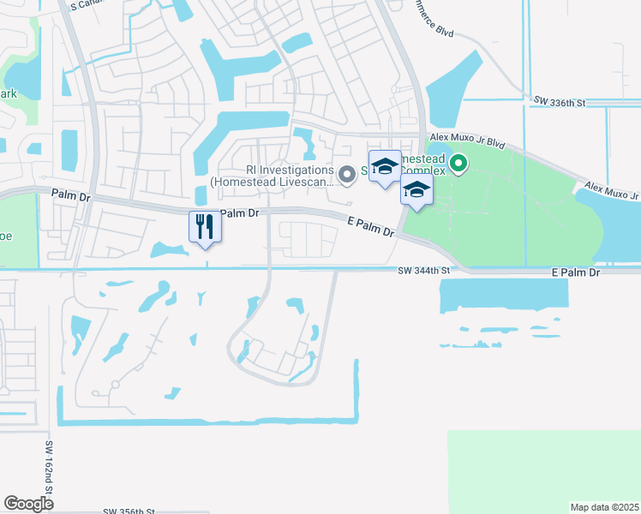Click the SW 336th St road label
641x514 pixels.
click(x=558, y=102)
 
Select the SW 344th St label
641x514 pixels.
click(x=424, y=271)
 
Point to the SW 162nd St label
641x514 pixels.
click(x=50, y=467)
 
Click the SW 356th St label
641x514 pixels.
click(x=128, y=511)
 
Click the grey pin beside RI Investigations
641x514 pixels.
click(x=347, y=175)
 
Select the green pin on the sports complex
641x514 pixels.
click(x=458, y=163)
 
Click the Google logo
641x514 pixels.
click(x=28, y=503)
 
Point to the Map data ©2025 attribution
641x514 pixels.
click(x=604, y=507)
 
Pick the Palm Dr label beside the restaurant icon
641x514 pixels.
click(x=240, y=212)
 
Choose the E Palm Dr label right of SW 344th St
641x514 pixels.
click(x=576, y=272)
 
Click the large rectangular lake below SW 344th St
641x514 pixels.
click(x=504, y=295)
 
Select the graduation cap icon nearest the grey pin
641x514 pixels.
click(x=385, y=164)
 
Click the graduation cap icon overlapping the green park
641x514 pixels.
click(x=416, y=190)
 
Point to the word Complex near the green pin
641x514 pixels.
click(x=425, y=171)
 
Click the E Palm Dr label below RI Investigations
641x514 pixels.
click(x=370, y=227)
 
